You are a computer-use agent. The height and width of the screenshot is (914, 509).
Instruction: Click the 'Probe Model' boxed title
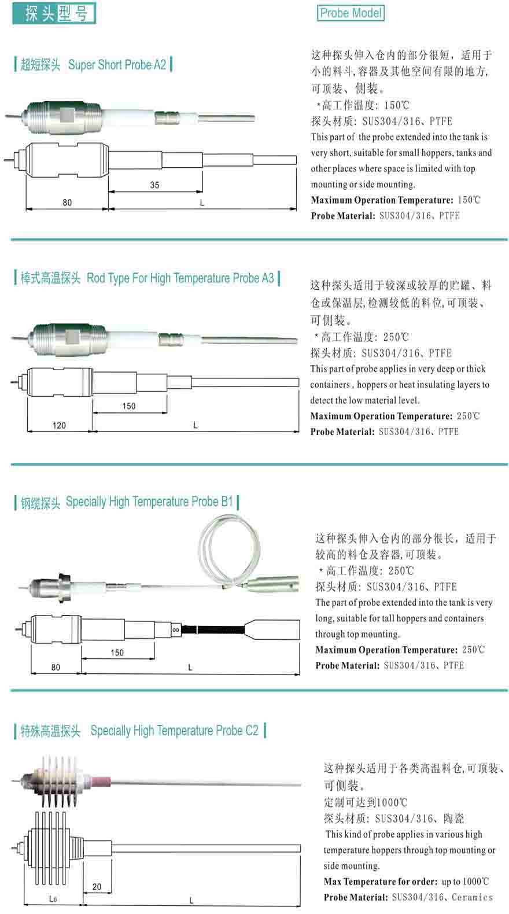click(x=351, y=13)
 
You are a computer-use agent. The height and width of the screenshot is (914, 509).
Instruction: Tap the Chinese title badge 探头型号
click(x=55, y=13)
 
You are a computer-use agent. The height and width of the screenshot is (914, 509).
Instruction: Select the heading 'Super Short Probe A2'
click(x=117, y=65)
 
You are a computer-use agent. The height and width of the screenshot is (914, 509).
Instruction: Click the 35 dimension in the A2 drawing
click(x=154, y=185)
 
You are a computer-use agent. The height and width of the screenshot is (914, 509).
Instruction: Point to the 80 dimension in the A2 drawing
click(x=67, y=202)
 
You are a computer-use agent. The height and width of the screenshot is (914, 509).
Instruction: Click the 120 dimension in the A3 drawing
click(x=59, y=425)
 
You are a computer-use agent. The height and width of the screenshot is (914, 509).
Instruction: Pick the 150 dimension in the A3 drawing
click(x=128, y=406)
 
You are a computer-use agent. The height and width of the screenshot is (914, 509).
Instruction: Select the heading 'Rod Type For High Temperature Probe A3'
click(x=180, y=278)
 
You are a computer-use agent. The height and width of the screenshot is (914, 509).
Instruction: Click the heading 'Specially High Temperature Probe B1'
click(x=149, y=502)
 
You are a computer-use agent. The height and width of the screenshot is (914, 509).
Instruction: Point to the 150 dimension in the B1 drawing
click(x=117, y=653)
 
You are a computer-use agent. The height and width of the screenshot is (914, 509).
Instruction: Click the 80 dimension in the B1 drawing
click(x=56, y=667)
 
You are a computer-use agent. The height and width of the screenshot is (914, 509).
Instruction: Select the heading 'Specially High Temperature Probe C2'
click(x=174, y=731)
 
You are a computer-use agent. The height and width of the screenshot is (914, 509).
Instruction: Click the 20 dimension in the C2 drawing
click(x=97, y=886)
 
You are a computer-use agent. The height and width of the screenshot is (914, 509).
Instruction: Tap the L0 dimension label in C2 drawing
click(x=53, y=899)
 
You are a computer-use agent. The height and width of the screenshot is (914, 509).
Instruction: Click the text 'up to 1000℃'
click(x=465, y=882)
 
